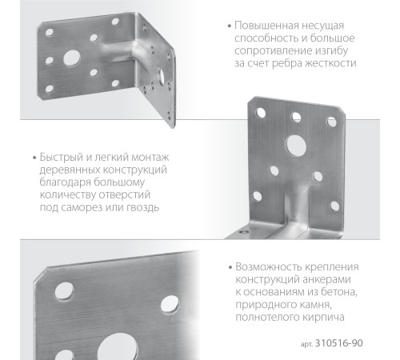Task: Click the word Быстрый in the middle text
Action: tap(57, 157)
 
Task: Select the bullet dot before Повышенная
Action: tap(229, 25)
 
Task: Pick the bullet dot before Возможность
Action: tap(229, 267)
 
